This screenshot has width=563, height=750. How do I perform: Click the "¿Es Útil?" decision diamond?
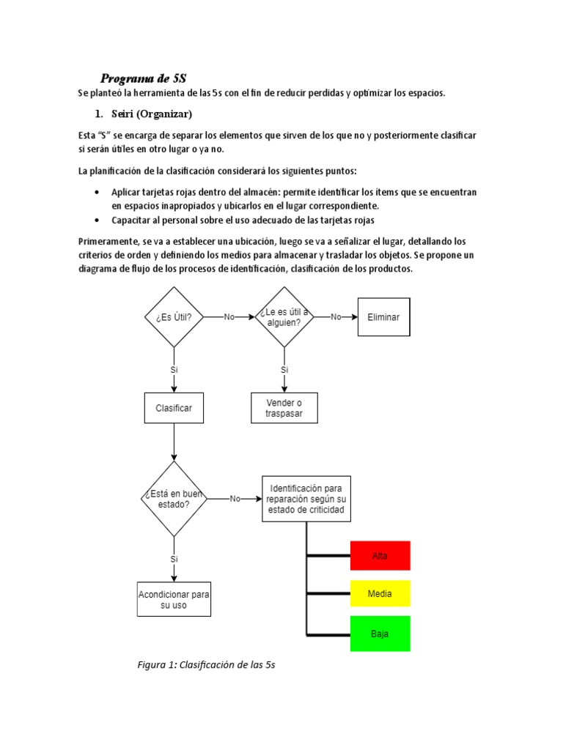point(174,317)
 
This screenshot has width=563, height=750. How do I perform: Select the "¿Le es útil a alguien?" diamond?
point(284,317)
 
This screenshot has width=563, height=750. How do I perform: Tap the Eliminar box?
point(383,317)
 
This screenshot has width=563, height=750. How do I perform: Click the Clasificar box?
point(174,408)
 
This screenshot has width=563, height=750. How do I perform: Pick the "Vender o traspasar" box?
point(284,408)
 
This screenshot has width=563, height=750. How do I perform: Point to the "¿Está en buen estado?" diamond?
point(174,499)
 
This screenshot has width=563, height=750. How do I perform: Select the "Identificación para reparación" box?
point(306,499)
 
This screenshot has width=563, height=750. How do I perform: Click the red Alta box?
point(380,556)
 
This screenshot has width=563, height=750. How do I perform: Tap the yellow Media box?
point(380,593)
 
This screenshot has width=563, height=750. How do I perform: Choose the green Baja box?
point(380,634)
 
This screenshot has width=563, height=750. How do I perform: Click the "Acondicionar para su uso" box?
point(174,600)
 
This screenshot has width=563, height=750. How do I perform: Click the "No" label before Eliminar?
point(336,317)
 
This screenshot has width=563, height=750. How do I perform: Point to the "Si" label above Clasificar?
point(174,370)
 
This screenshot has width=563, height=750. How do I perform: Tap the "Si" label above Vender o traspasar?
point(284,370)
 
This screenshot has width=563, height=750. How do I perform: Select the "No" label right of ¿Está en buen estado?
point(235,499)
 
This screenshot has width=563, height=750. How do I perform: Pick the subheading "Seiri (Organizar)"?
point(152,114)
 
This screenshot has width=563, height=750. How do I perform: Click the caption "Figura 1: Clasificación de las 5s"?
point(206,665)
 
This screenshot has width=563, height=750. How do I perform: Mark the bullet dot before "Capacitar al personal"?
point(97,220)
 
